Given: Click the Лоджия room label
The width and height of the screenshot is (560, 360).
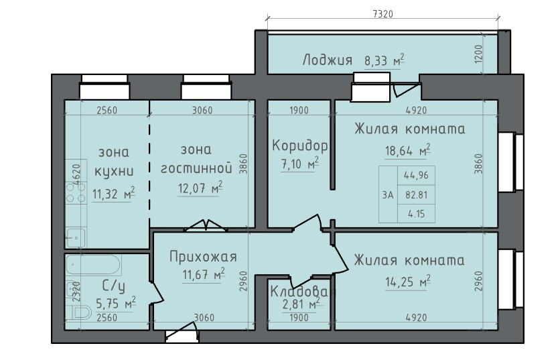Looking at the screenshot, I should (327, 60).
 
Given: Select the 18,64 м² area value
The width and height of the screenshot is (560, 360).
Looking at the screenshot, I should (407, 150).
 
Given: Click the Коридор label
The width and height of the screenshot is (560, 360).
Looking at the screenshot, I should (299, 145).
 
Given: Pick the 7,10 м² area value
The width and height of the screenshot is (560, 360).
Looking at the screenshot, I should (299, 164).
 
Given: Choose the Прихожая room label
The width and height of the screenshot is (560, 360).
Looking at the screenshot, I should (203, 257).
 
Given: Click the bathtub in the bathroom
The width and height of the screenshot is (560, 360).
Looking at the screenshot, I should (94, 265).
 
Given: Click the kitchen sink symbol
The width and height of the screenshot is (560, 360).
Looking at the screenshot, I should (75, 237).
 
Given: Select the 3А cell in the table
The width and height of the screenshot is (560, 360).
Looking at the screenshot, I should (387, 195).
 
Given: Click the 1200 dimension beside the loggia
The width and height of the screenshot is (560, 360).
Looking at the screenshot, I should (478, 54).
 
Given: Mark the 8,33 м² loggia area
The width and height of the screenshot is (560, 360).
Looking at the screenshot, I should (384, 61).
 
